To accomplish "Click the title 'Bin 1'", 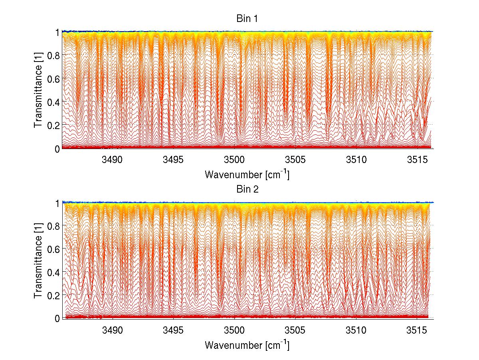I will (x=247, y=19).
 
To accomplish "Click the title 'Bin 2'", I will (x=247, y=189).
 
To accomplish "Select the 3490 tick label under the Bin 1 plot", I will (x=113, y=160).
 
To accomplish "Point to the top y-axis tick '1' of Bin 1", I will (x=57, y=32).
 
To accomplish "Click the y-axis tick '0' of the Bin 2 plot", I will (x=57, y=318).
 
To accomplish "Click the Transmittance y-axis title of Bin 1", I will (x=38, y=90).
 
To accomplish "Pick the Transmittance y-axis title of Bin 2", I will (x=38, y=261).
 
